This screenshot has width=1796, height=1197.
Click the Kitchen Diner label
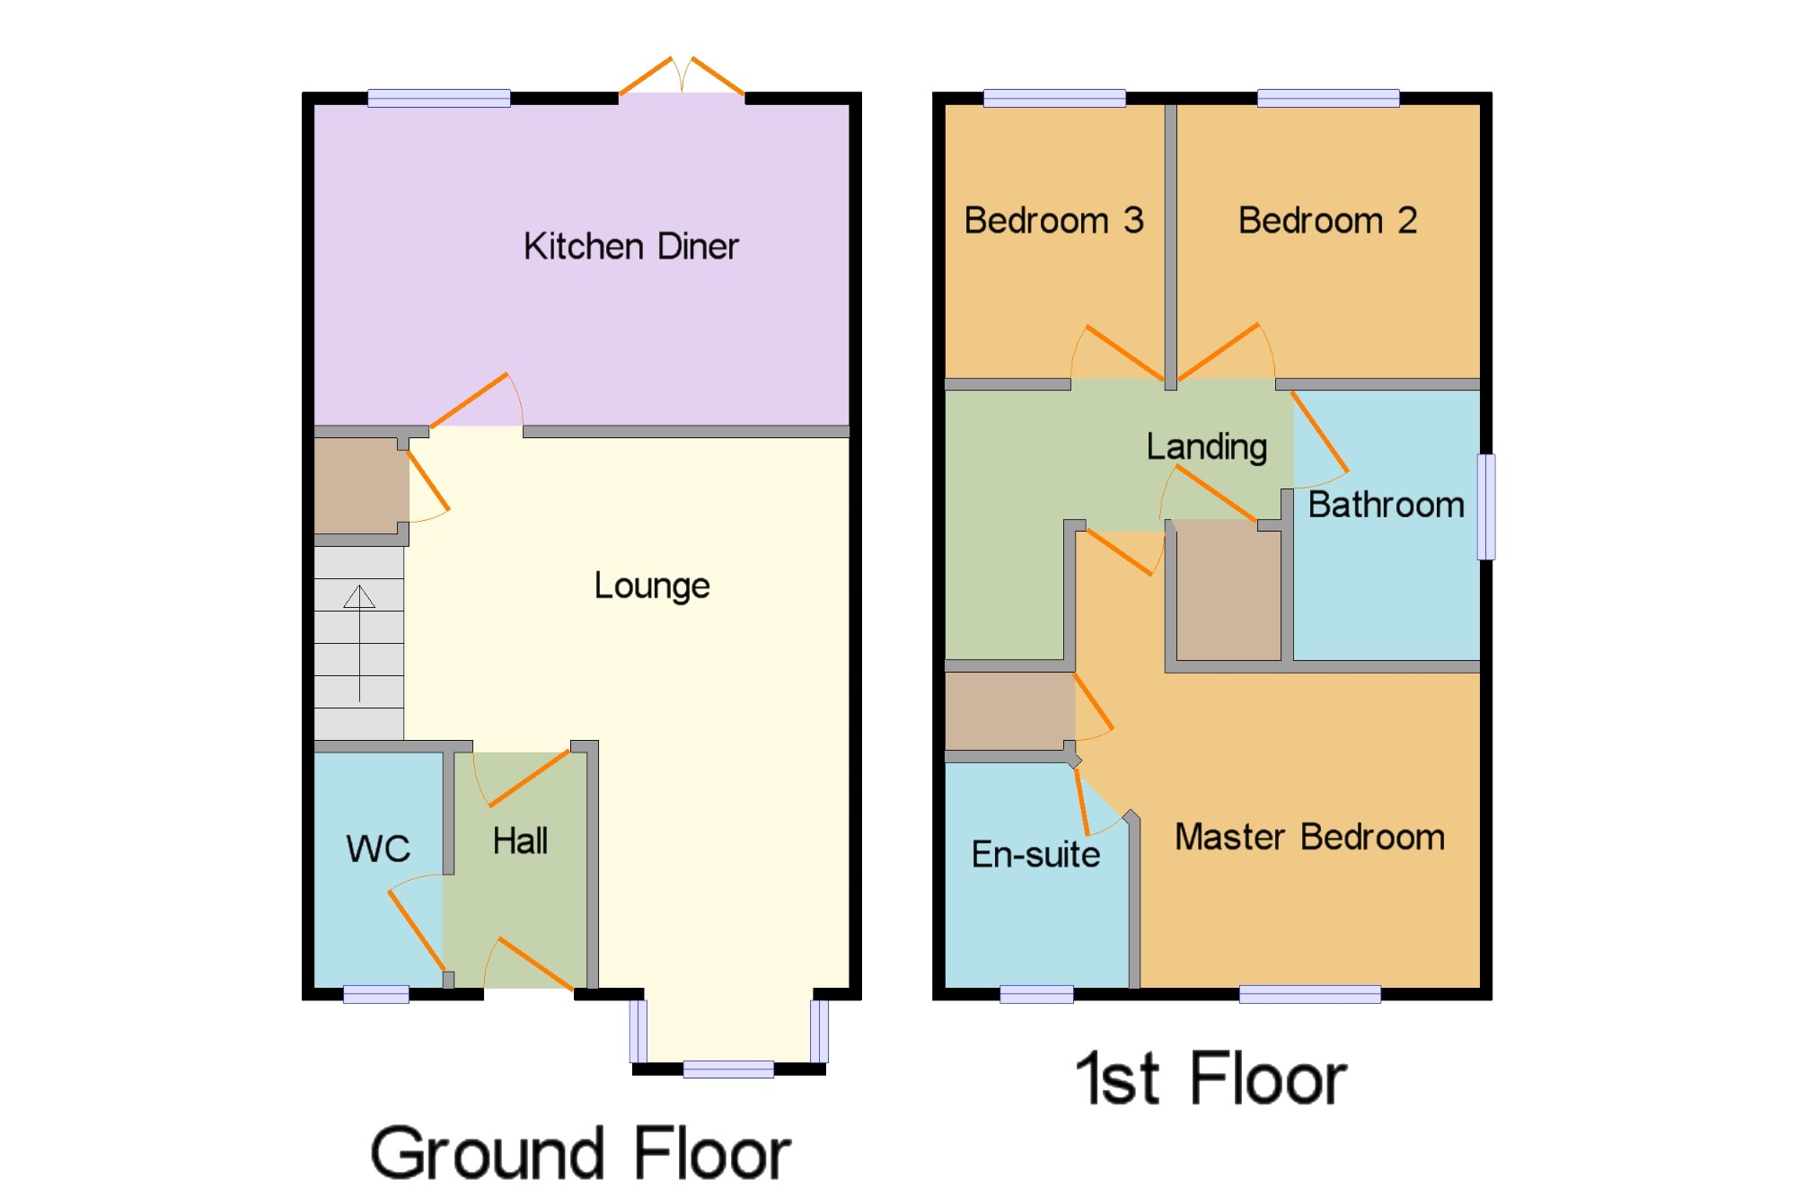click(630, 246)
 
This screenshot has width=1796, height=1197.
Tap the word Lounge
click(652, 585)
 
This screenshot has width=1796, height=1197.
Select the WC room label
click(378, 849)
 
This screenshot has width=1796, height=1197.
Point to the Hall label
click(520, 841)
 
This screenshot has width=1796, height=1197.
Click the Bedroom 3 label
click(1054, 220)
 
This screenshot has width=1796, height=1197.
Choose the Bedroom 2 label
click(1328, 220)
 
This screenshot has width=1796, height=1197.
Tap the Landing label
click(1207, 447)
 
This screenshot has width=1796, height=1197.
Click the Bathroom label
click(1386, 505)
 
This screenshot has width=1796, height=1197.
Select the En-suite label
click(1035, 854)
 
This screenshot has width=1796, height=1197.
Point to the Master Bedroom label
click(1310, 837)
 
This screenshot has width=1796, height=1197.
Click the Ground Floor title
click(580, 1153)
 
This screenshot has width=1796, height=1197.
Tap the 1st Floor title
click(1211, 1078)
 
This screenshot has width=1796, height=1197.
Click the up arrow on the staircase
click(359, 643)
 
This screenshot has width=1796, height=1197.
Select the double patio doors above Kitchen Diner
click(682, 75)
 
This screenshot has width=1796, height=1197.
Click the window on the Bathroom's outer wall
click(1486, 506)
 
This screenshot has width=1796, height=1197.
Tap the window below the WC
click(376, 994)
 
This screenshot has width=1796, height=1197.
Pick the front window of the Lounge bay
click(728, 1069)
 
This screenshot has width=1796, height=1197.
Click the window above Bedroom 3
click(1054, 98)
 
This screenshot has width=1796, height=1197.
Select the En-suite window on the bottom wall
click(1036, 994)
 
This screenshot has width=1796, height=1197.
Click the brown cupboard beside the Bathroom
click(1228, 591)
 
